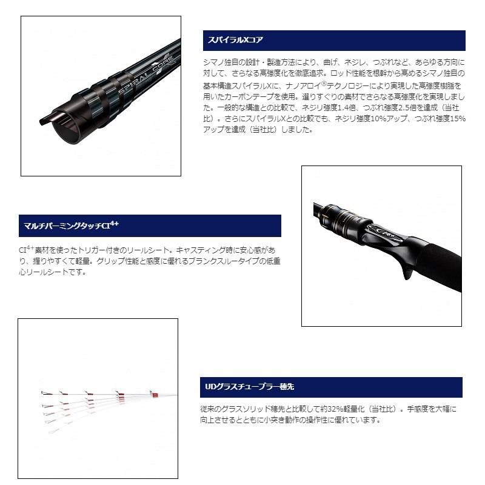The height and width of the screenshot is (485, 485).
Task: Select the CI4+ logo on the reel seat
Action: pos(383,232)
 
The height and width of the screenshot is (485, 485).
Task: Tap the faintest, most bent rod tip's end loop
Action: pos(54,432)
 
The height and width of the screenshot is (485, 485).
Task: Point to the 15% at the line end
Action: pos(458,119)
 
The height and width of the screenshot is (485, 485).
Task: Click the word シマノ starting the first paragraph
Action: pos(213,62)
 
